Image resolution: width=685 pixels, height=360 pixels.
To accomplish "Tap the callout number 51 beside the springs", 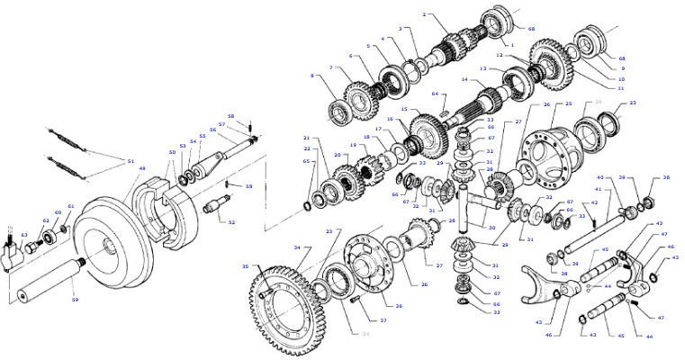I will tap(130, 161).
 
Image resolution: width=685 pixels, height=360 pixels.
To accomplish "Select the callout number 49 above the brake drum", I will tap(140, 168).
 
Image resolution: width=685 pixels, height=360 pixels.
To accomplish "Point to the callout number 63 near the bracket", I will tap(25, 235).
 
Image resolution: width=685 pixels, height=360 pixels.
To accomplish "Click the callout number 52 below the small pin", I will tap(232, 222).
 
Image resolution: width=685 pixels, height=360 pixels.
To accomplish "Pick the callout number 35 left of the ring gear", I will tap(244, 266).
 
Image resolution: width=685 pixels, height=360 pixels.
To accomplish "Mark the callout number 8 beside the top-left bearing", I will tap(312, 76).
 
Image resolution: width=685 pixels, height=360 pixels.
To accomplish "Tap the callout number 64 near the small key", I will tap(434, 94).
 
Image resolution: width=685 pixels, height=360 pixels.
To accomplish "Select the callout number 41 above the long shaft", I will tap(596, 190).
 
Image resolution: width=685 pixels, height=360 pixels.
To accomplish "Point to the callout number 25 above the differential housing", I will tap(568, 104).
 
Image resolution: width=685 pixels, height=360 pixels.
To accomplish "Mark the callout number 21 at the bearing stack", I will tap(306, 139).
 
